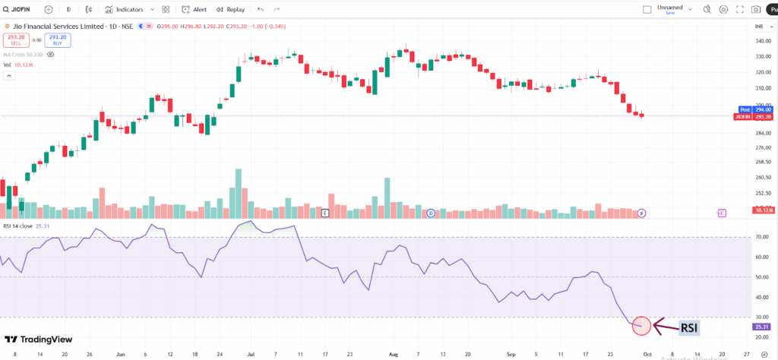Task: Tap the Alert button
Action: click(194, 10)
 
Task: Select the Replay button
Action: click(232, 10)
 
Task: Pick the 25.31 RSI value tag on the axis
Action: click(761, 327)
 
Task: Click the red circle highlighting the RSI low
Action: click(642, 326)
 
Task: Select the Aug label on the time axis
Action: click(393, 353)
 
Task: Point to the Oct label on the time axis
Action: click(647, 353)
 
